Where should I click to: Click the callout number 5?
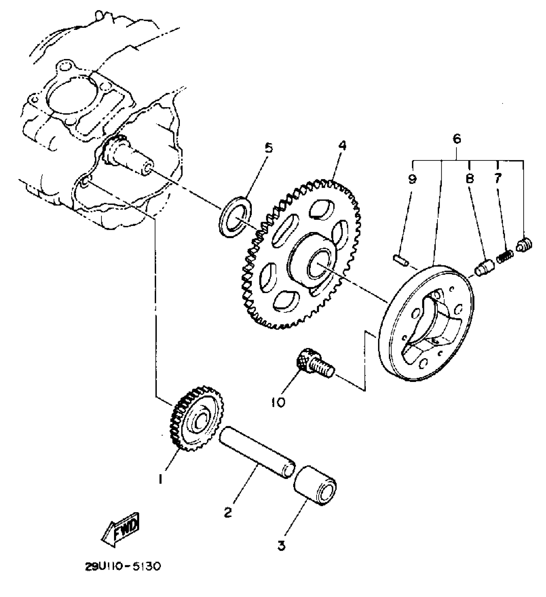[268, 148]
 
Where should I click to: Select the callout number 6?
[456, 139]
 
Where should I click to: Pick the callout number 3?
[282, 545]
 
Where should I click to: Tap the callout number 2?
[228, 512]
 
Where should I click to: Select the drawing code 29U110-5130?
[122, 567]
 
